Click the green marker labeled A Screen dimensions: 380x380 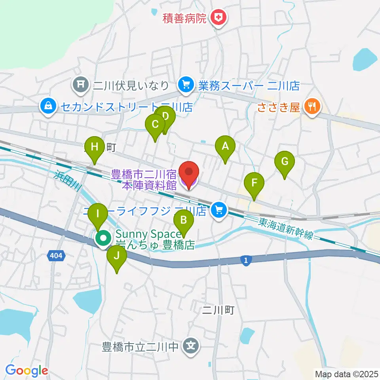click(225, 147)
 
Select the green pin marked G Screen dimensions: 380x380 click(285, 162)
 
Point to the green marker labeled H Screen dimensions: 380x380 click(95, 148)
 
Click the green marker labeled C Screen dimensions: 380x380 click(155, 125)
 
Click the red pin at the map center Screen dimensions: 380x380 click(189, 173)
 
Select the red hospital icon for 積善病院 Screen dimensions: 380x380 click(217, 17)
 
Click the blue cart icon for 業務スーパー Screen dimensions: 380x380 click(185, 85)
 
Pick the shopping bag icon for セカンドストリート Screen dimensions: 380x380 click(48, 106)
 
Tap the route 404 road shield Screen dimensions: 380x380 click(56, 256)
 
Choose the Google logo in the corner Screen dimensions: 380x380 click(27, 370)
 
